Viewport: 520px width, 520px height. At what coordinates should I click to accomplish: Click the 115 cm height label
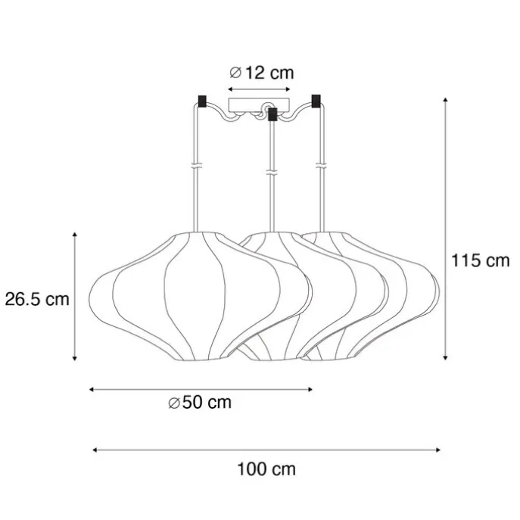[x=480, y=260]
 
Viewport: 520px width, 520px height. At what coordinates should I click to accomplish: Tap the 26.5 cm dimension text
[x=37, y=300]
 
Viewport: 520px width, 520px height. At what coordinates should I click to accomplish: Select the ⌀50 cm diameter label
[x=200, y=402]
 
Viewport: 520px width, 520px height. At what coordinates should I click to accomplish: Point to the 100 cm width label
[x=266, y=469]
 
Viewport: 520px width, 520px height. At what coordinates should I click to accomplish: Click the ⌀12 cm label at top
[x=262, y=73]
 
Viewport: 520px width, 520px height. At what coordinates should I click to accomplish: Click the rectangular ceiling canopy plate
[x=259, y=104]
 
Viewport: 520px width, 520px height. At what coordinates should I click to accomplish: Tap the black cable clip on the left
[x=201, y=101]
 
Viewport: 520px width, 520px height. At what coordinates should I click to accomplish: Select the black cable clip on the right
[x=316, y=101]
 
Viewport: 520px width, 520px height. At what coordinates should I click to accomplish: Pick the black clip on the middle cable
[x=272, y=114]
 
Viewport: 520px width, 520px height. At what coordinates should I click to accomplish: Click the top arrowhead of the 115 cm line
[x=446, y=100]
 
